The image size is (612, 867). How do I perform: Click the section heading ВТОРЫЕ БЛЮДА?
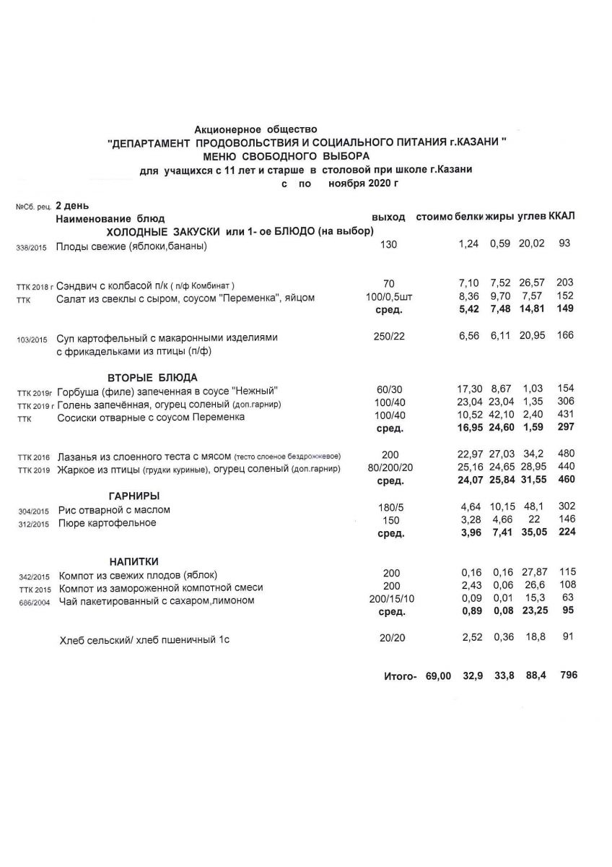(x=152, y=377)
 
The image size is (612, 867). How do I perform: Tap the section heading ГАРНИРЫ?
(x=134, y=496)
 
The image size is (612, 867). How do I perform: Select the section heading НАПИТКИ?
(x=134, y=561)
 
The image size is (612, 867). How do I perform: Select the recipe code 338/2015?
(x=30, y=247)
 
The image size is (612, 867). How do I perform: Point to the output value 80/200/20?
(x=390, y=470)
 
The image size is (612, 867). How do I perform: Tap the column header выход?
(x=388, y=217)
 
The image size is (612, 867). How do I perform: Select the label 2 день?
(x=72, y=205)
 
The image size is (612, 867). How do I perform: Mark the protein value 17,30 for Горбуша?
(x=469, y=389)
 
